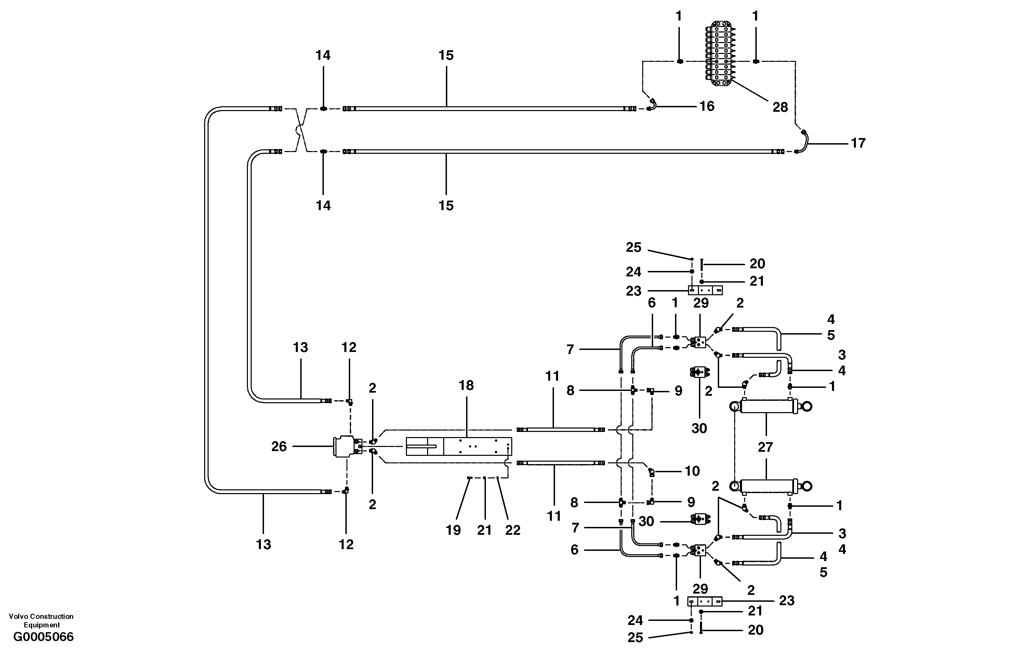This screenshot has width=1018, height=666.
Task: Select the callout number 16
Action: point(706,106)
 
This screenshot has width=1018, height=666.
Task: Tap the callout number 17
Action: point(858,143)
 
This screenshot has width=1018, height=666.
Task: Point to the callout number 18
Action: point(466,385)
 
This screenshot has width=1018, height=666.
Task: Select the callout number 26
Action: point(279,447)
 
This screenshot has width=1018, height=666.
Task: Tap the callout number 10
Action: point(692,471)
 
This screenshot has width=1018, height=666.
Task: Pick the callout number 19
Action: point(453,530)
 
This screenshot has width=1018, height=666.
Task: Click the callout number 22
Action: point(513,530)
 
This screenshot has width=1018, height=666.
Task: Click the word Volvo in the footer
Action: point(18,616)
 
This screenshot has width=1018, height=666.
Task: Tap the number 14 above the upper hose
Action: point(323,56)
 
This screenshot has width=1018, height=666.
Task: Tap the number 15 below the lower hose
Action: point(446,206)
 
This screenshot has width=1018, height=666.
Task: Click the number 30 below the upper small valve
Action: point(699,428)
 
